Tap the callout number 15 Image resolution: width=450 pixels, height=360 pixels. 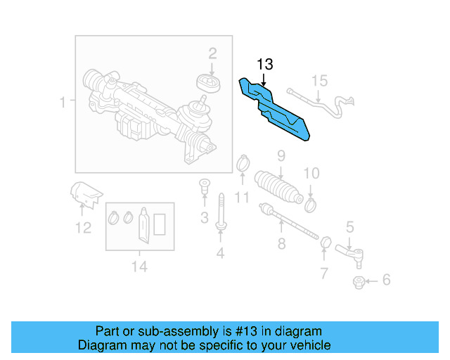320,81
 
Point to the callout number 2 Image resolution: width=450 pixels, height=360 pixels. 212,53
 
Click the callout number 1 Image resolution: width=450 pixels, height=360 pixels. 63,103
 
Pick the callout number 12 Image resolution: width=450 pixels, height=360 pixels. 83,227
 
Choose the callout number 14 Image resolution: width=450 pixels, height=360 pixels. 139,266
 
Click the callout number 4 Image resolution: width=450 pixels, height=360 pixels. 220,253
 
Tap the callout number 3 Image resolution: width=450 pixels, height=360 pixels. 204,219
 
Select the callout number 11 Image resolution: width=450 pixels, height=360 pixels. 242,198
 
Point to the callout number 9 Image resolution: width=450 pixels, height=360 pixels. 280,155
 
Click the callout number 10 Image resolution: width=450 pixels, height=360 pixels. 311,173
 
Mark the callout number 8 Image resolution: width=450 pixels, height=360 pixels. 281,244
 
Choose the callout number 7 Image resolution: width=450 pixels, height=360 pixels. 323,272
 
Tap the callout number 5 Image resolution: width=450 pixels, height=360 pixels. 349,226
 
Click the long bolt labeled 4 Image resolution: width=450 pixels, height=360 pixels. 221,212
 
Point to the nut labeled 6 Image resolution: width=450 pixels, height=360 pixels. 359,282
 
